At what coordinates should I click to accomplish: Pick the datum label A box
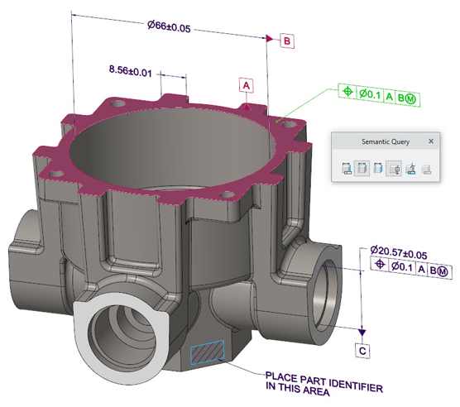(247, 85)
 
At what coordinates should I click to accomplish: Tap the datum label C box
(362, 351)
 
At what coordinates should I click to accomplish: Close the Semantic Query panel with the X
(431, 141)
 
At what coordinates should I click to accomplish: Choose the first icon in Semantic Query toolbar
(345, 170)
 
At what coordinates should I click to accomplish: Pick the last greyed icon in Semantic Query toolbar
(426, 170)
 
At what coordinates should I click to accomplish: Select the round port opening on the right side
(331, 278)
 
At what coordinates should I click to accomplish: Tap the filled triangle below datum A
(247, 105)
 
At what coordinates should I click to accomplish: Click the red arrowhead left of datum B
(270, 40)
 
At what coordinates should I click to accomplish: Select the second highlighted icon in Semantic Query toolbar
(362, 170)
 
